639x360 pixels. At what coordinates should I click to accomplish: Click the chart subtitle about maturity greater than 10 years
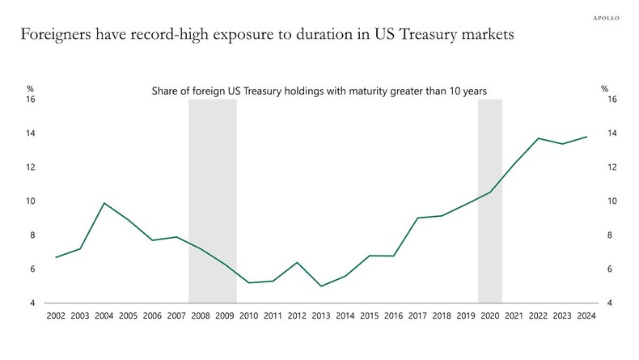click(319, 91)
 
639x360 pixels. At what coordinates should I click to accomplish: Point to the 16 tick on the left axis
click(30, 100)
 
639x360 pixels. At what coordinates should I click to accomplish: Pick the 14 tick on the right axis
click(611, 133)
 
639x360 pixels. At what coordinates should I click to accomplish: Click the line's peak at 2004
click(104, 203)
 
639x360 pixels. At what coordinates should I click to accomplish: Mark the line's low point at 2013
click(321, 286)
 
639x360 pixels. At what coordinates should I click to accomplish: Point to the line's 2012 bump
click(297, 263)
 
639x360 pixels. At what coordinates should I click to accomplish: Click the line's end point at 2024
click(586, 137)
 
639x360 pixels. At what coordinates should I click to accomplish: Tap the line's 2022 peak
click(538, 138)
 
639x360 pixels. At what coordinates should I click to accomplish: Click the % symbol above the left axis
click(30, 89)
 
